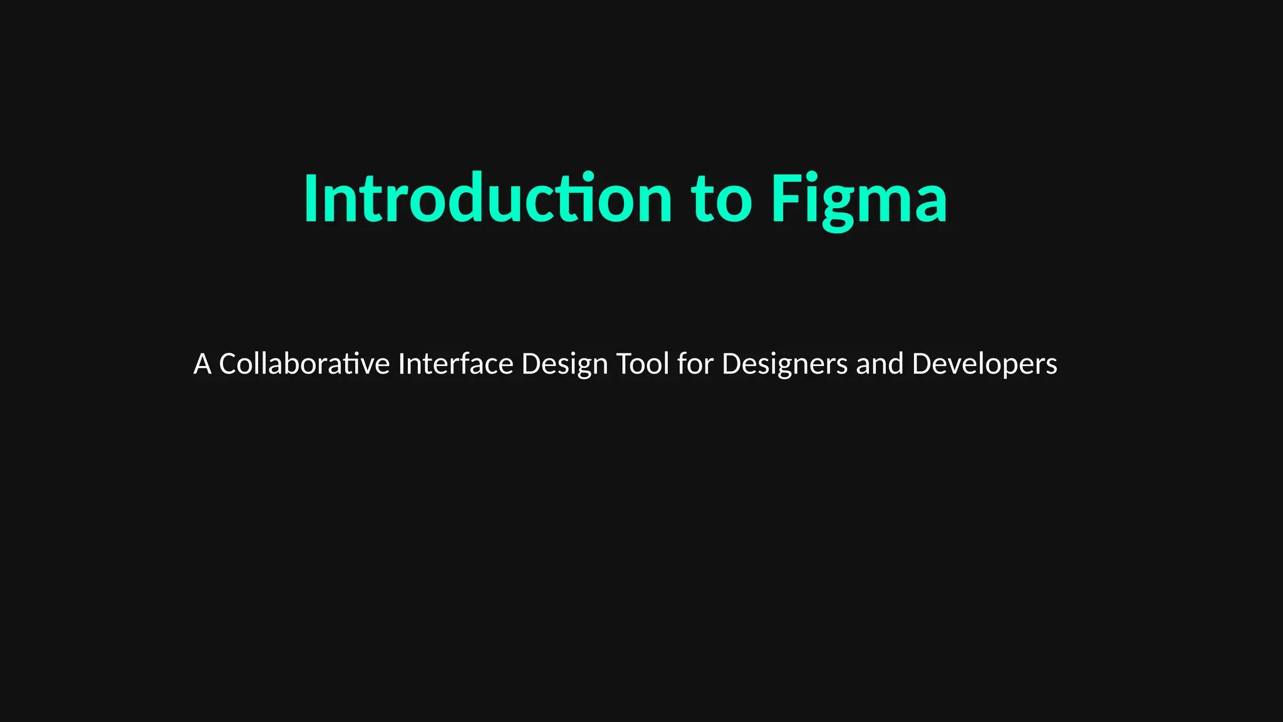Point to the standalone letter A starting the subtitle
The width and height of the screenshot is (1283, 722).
coord(202,364)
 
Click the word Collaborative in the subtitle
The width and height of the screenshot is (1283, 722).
coord(304,364)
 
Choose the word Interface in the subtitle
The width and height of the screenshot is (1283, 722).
coord(455,364)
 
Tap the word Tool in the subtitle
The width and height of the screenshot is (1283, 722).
coord(643,364)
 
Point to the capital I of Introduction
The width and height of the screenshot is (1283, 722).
coord(309,199)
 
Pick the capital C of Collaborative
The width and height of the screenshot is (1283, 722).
coord(227,364)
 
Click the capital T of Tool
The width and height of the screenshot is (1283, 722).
coord(625,364)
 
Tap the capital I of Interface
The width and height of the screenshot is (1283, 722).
coord(401,364)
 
